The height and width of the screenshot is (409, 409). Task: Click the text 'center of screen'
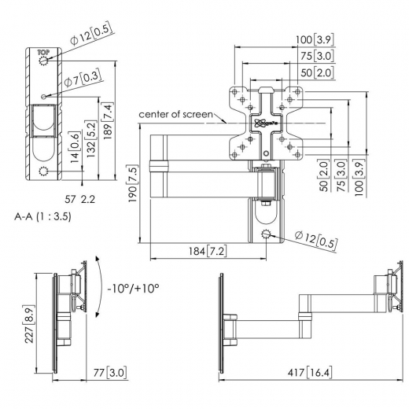175,115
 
